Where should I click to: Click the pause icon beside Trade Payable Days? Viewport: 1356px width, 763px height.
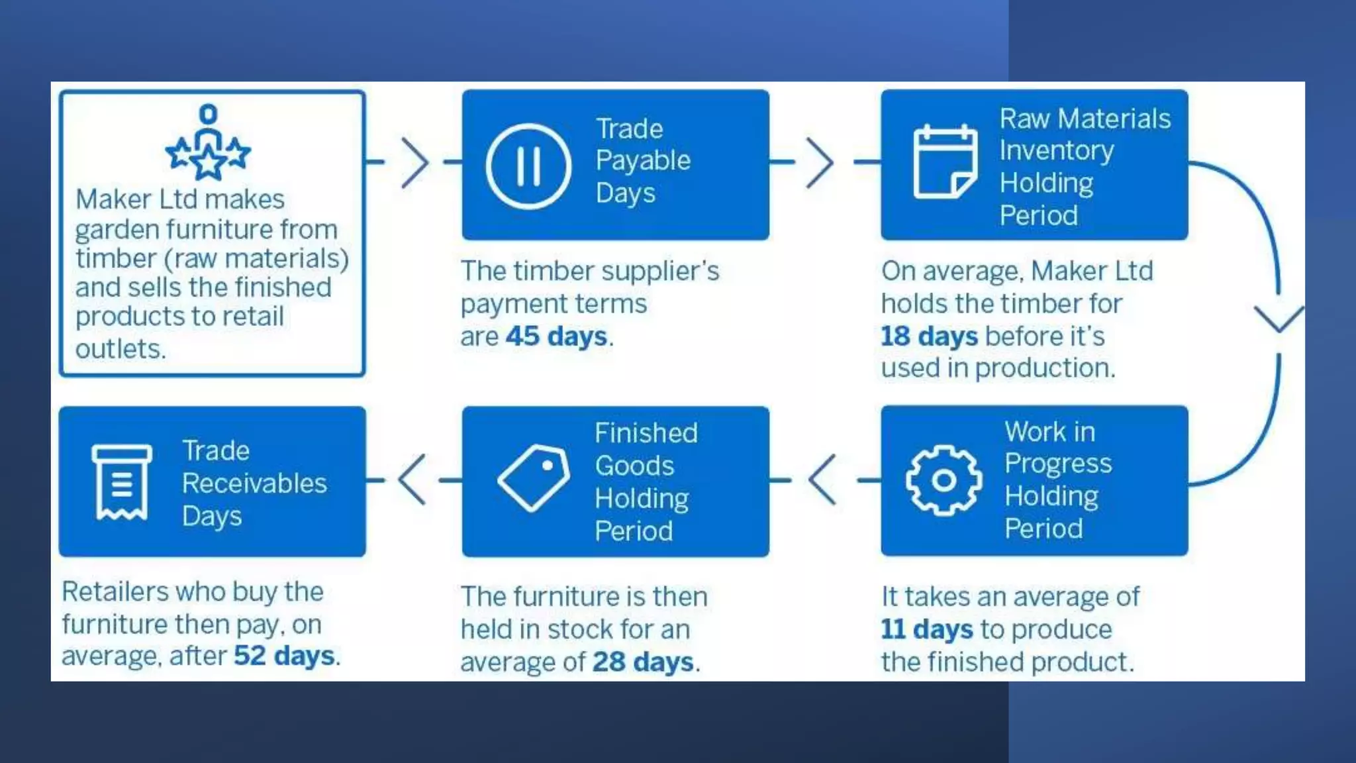[528, 166]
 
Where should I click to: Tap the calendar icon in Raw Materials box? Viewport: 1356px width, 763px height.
[945, 162]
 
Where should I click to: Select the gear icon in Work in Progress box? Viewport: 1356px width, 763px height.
[944, 480]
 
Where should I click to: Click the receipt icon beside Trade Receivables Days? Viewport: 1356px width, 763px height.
[121, 482]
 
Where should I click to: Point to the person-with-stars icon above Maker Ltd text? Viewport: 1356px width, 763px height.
[208, 142]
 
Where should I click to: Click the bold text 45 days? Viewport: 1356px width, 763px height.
[556, 336]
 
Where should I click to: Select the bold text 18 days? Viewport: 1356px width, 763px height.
[929, 336]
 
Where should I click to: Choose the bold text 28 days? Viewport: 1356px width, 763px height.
[643, 662]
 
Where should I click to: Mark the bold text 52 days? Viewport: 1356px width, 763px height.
[284, 656]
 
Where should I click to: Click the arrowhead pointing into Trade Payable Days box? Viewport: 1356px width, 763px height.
[416, 162]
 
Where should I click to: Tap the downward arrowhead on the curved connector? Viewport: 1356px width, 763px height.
[1279, 319]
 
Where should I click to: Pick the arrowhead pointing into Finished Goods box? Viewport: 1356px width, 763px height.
[822, 480]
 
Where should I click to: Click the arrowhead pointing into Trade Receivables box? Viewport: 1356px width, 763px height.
[412, 480]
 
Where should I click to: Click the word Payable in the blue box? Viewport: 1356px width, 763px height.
[643, 161]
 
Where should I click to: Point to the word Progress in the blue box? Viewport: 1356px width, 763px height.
[1057, 464]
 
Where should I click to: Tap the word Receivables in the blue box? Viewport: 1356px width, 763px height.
[254, 483]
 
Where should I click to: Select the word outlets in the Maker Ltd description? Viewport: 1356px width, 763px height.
[120, 349]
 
